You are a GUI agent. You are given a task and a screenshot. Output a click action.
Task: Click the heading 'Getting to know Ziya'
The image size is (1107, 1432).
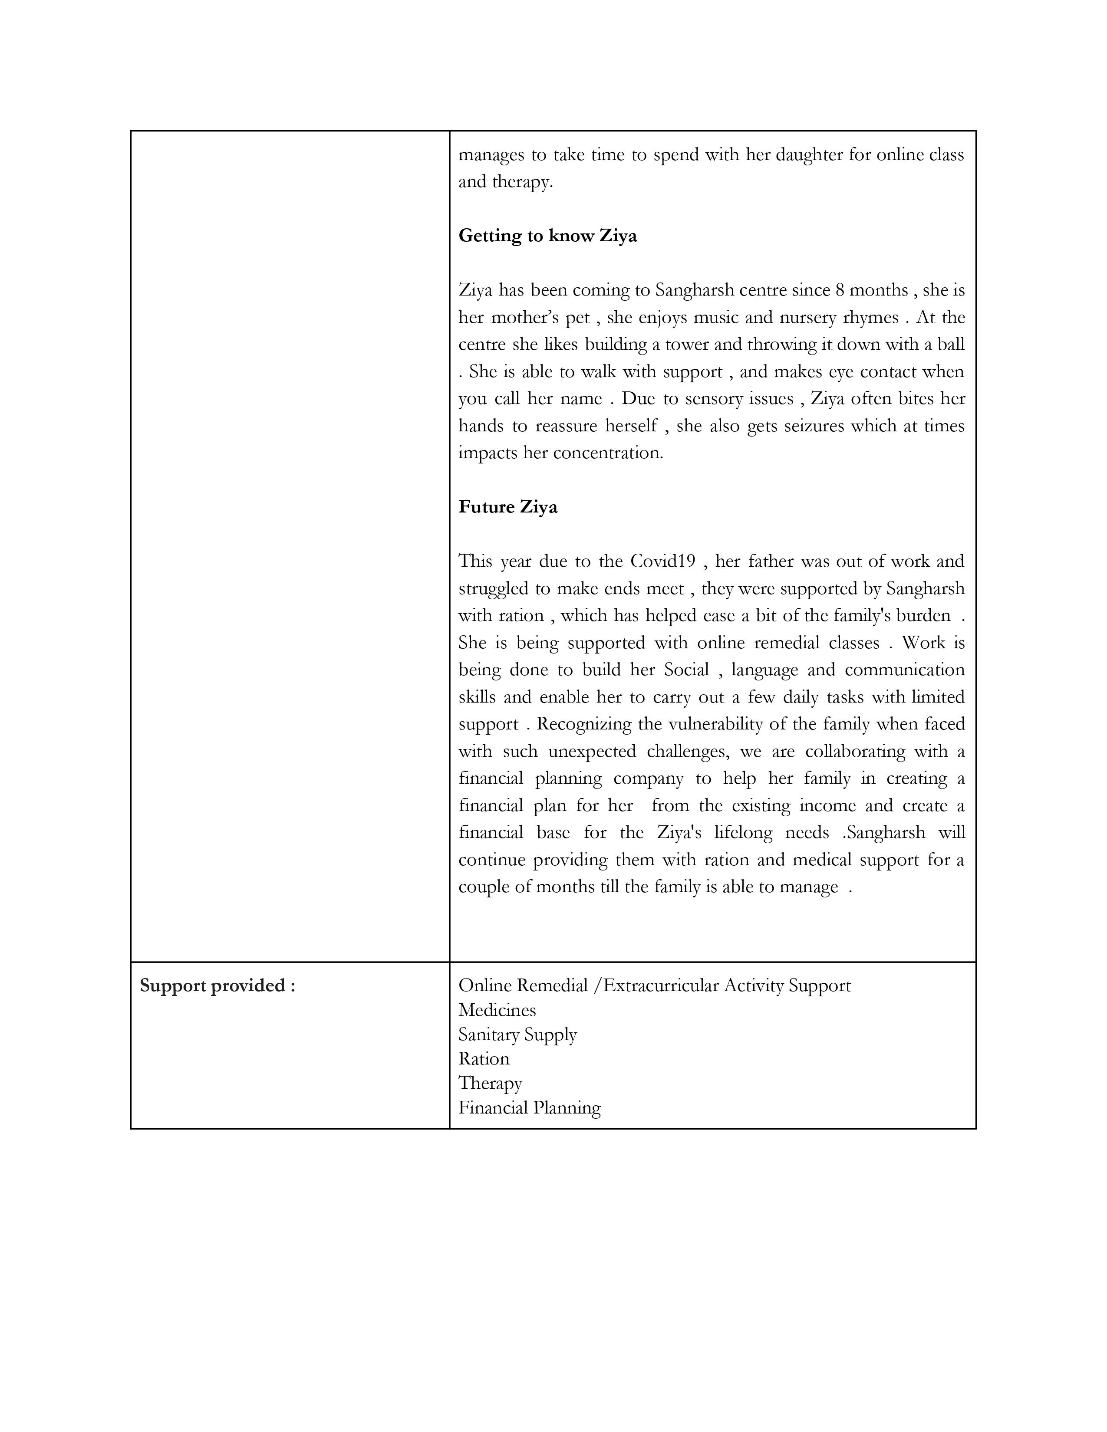(x=547, y=235)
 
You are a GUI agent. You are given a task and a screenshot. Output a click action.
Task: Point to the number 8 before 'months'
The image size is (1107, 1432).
(x=840, y=290)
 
